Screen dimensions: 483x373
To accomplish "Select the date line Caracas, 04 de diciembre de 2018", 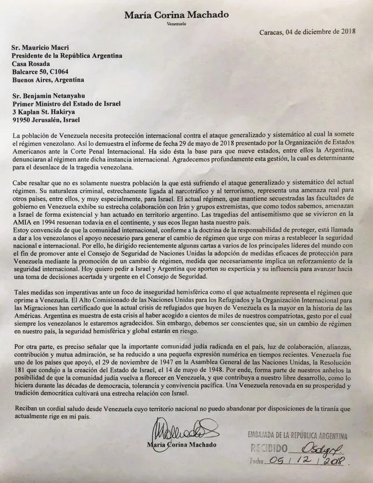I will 307,31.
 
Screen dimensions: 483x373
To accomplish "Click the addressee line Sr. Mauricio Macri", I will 41,47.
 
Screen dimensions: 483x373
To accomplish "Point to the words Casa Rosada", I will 33,63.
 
